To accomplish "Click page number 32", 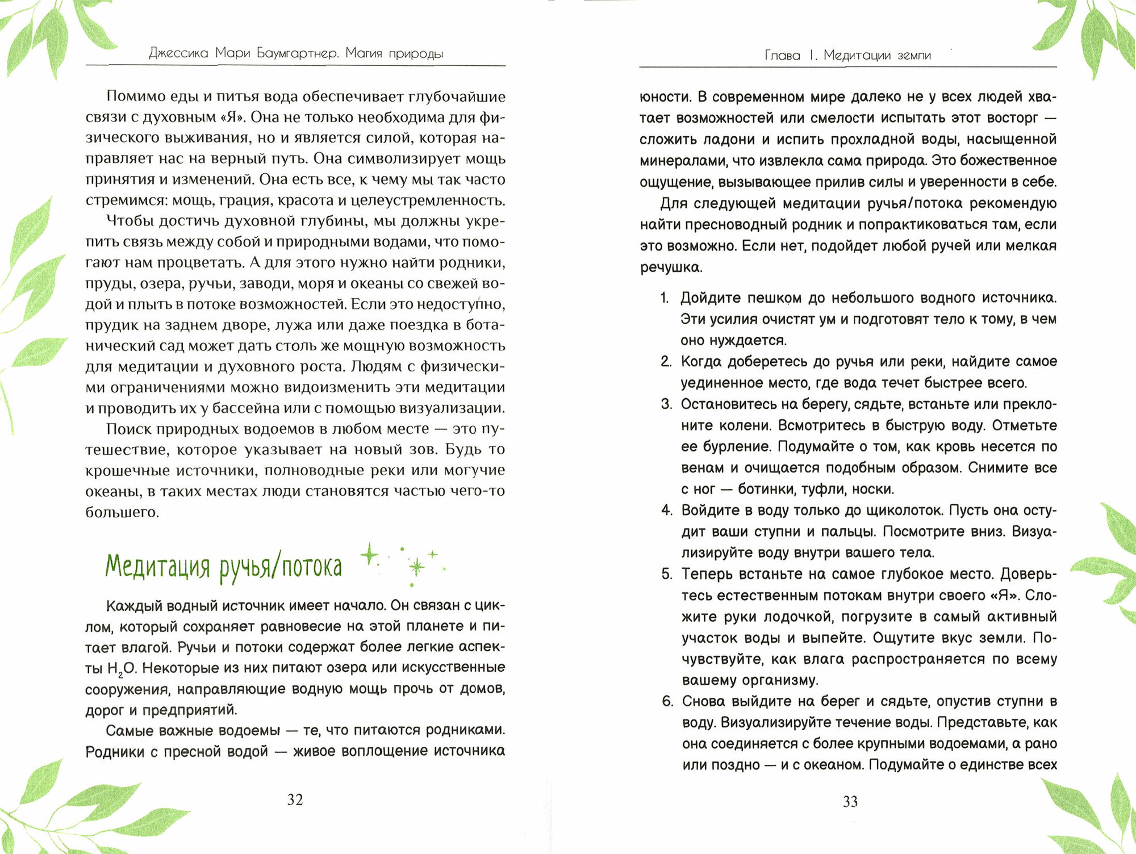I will pos(295,799).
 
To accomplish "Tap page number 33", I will pos(850,801).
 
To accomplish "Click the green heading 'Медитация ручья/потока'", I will pos(224,567).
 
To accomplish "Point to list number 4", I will pos(666,510).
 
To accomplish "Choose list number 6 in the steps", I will pos(667,701).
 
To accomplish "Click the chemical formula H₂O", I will pos(122,668).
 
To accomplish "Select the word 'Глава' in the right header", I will pos(782,55).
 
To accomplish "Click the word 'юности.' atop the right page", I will pos(664,97).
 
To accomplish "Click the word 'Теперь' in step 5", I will pos(707,574).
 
